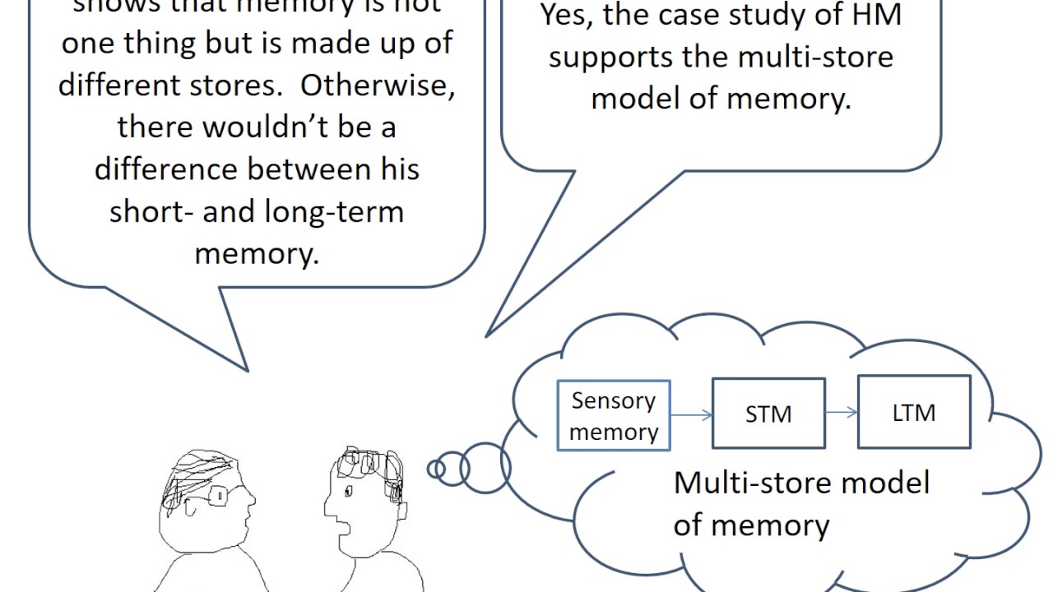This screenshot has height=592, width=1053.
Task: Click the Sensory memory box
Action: click(614, 415)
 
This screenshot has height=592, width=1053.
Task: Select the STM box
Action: click(768, 413)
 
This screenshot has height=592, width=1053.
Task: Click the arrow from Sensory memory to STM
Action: click(691, 415)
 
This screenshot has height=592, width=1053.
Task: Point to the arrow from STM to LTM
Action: click(841, 412)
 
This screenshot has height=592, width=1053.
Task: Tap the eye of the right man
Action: click(348, 491)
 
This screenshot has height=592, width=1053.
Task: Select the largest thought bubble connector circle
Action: click(485, 468)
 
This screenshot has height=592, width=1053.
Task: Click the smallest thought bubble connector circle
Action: click(435, 469)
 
